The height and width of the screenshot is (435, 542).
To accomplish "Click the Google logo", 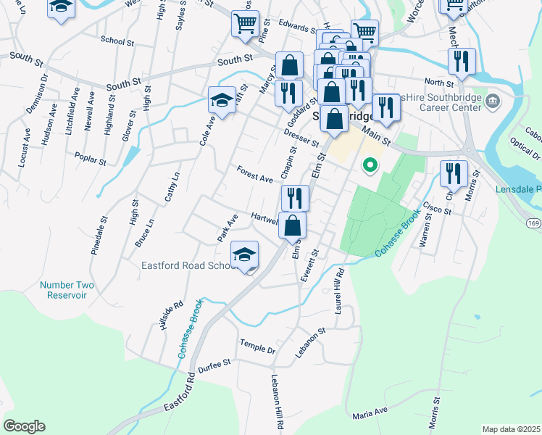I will coord(24,426).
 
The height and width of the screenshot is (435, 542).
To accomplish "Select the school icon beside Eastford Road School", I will coord(245,256).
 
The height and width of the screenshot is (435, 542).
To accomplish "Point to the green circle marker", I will coord(370,166).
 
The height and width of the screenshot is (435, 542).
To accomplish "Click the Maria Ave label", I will coord(370,413).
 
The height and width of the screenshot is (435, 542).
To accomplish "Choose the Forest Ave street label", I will coord(254,174).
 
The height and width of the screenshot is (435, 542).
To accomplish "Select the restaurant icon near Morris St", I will coord(454,174).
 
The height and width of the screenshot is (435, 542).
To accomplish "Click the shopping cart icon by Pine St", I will coord(245,23).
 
